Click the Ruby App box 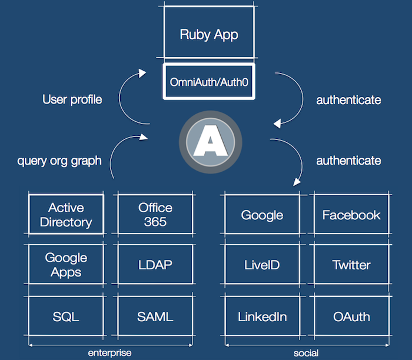pyautogui.click(x=209, y=32)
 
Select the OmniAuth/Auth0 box pyautogui.click(x=209, y=81)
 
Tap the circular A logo pyautogui.click(x=210, y=142)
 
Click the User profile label pyautogui.click(x=72, y=100)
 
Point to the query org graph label pyautogui.click(x=59, y=161)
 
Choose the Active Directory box pyautogui.click(x=66, y=214)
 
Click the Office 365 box pyautogui.click(x=155, y=214)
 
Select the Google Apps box pyautogui.click(x=66, y=264)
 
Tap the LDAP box pyautogui.click(x=155, y=264)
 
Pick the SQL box pyautogui.click(x=66, y=316)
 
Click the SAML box pyautogui.click(x=155, y=316)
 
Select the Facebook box pyautogui.click(x=351, y=214)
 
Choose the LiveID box pyautogui.click(x=263, y=264)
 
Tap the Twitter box pyautogui.click(x=351, y=264)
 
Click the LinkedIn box pyautogui.click(x=263, y=316)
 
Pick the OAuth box pyautogui.click(x=351, y=316)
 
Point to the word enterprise pyautogui.click(x=109, y=353)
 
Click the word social pyautogui.click(x=306, y=353)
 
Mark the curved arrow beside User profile pyautogui.click(x=119, y=98)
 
